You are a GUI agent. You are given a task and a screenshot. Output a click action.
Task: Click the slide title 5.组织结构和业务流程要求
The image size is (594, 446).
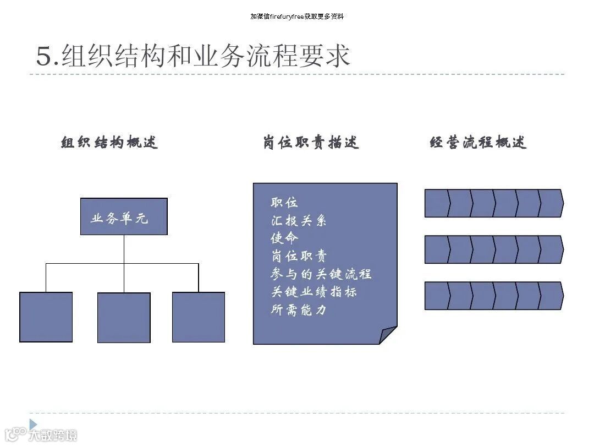[x=193, y=56]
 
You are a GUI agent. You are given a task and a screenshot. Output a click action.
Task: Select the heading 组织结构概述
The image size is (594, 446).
[x=109, y=143]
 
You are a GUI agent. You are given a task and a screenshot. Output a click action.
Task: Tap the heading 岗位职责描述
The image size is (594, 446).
[x=311, y=143]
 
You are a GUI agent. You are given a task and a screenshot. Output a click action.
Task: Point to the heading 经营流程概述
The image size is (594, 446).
[x=478, y=143]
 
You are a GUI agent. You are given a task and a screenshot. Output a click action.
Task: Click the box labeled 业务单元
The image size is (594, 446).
[x=124, y=217]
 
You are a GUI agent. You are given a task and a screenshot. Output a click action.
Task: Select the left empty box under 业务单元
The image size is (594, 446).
[x=46, y=317]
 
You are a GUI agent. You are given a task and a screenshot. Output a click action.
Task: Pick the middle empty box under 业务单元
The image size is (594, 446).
[x=124, y=318]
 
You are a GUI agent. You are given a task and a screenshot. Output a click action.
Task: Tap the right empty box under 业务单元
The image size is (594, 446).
[x=199, y=317]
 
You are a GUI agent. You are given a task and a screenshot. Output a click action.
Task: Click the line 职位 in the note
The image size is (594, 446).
[x=284, y=203]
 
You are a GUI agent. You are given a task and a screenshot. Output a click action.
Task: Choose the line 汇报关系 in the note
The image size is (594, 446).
[x=299, y=221]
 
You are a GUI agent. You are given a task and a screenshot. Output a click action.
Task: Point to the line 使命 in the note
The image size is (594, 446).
[x=284, y=238]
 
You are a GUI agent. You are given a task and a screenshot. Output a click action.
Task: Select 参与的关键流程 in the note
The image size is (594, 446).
[x=321, y=274]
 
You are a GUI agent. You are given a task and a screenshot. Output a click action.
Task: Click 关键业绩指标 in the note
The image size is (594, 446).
[x=314, y=292]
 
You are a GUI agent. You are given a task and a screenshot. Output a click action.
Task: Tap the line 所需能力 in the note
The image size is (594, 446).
[x=299, y=310]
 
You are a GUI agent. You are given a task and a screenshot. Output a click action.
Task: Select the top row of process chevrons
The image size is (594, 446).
[x=493, y=203]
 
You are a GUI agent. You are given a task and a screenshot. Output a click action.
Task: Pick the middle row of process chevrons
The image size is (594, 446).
[x=493, y=249]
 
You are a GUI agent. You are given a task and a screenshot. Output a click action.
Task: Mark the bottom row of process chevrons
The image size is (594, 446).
[x=493, y=296]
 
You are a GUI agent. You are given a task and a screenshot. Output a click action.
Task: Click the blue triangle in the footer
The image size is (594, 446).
[x=33, y=424]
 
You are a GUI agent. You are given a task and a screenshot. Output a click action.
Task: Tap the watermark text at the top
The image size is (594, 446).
[x=297, y=17]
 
